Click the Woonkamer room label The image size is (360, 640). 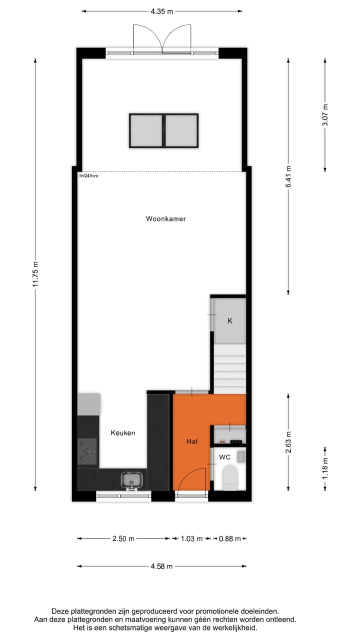click(165, 218)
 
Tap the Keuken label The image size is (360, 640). click(123, 432)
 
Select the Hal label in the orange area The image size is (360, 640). click(192, 441)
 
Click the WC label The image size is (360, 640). click(224, 457)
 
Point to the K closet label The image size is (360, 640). click(230, 321)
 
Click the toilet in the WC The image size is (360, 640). click(230, 476)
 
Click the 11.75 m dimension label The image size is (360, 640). click(35, 274)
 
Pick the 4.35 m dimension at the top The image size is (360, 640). click(162, 10)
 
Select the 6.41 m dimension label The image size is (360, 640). click(288, 176)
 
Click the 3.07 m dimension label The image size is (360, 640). click(325, 115)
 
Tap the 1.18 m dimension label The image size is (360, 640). click(325, 468)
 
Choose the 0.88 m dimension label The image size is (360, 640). click(230, 538)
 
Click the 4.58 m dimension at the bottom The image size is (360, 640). click(161, 566)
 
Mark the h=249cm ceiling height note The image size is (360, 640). click(88, 175)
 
